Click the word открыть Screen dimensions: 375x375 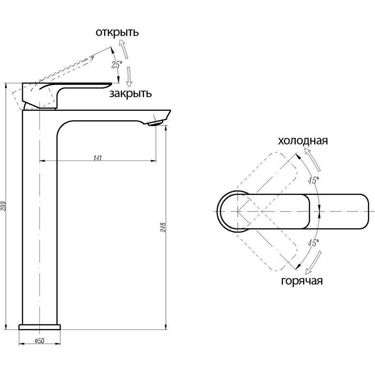117,32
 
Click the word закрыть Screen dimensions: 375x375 130,94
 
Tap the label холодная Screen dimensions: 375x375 303,141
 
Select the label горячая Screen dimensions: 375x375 302,281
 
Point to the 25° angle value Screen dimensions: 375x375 117,65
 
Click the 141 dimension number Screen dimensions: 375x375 98,158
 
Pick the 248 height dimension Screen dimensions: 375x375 163,228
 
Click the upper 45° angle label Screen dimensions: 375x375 313,180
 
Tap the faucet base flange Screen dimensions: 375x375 40,326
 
